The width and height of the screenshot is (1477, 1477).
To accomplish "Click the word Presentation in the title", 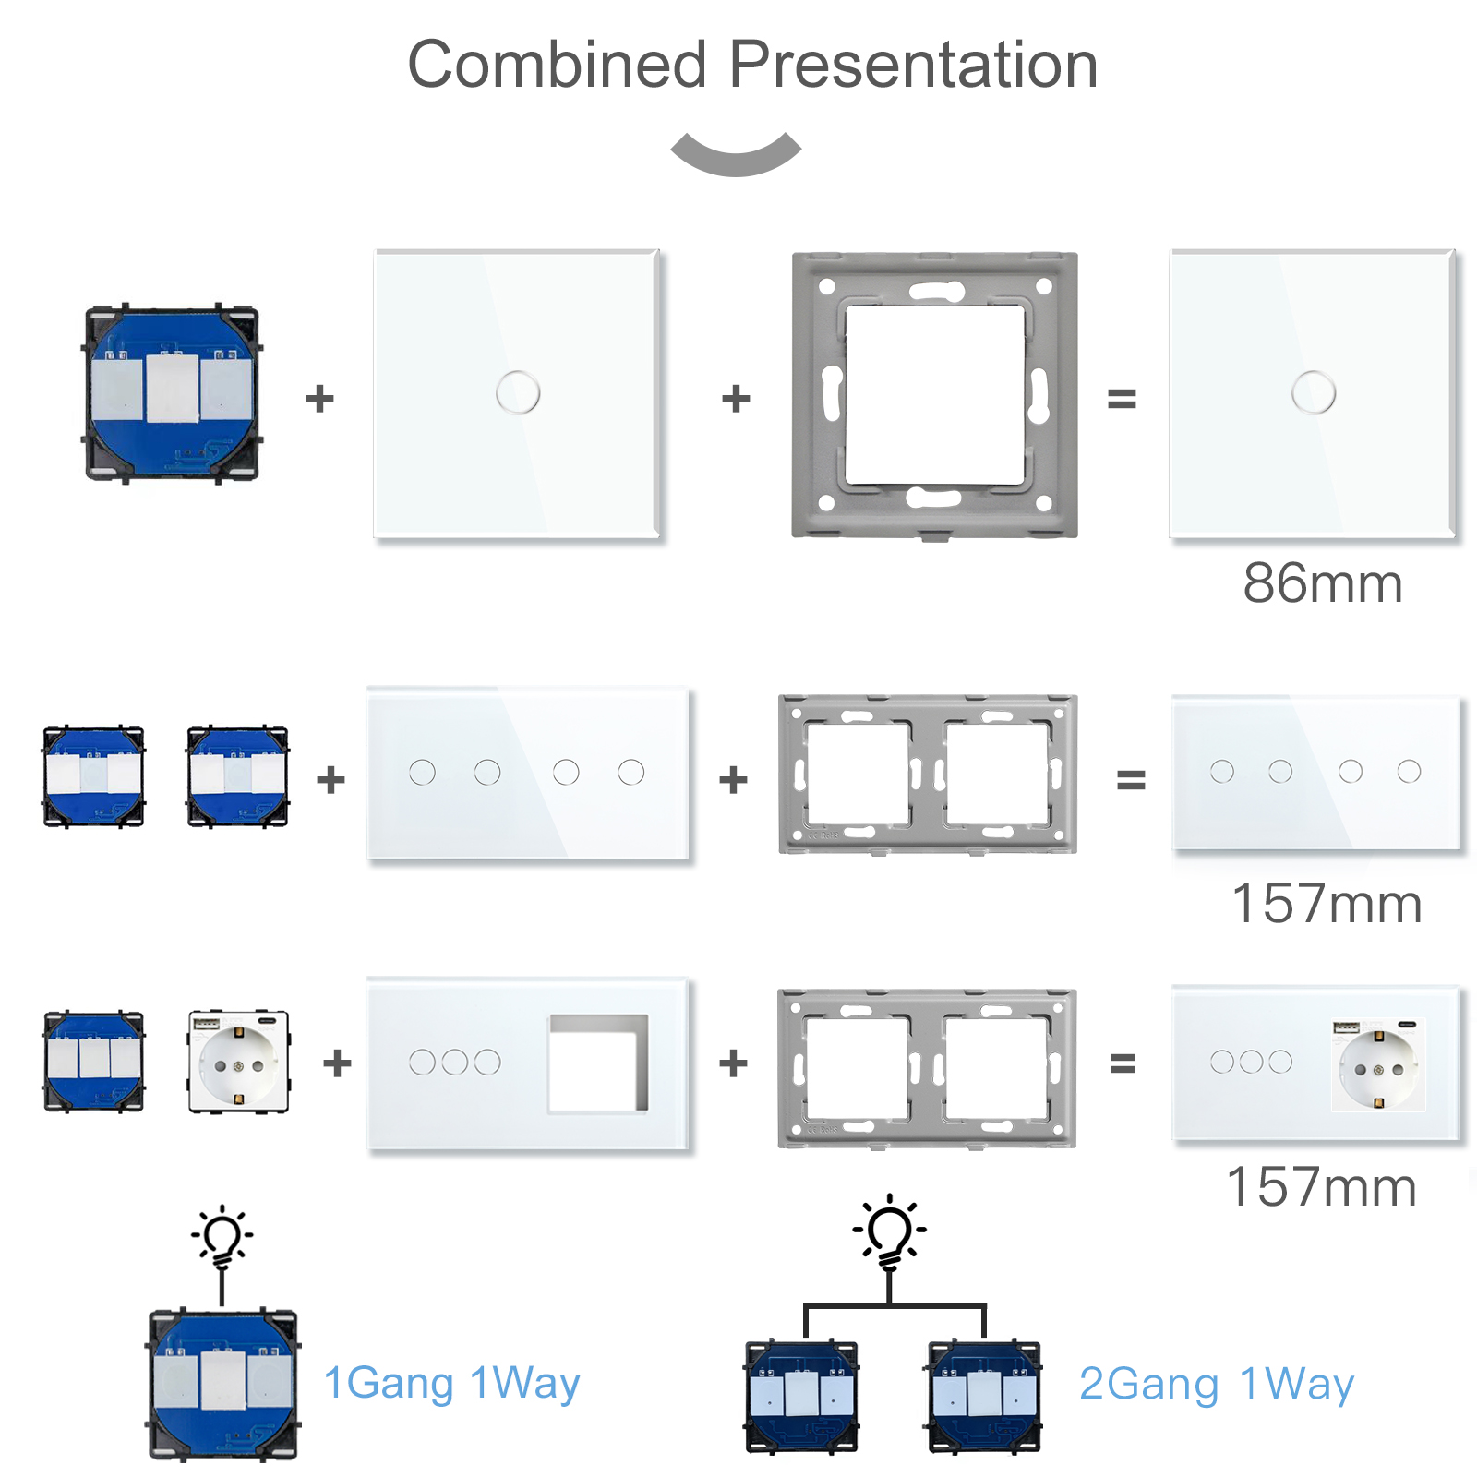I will coord(913,66).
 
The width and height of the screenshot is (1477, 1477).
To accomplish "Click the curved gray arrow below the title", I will coord(736,155).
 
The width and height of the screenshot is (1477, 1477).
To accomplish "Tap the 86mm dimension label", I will coord(1322,583).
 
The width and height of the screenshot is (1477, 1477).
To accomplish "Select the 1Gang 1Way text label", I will coord(451,1383).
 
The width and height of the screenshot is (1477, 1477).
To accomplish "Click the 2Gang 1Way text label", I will coord(1216,1384).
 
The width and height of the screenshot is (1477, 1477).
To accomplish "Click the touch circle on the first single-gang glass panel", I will coord(517,392).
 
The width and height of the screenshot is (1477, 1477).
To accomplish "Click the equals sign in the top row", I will coord(1122,399).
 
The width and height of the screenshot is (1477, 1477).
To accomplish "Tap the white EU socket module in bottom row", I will coord(238,1062).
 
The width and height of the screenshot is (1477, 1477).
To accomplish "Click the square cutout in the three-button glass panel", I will coord(598,1063).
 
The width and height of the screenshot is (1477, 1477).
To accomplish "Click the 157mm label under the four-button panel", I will coord(1326,904).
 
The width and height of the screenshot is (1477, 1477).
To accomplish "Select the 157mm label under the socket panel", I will coord(1321,1187).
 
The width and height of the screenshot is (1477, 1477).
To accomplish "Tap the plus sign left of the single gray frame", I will coord(736,399).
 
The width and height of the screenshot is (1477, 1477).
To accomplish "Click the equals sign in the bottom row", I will coord(1123,1063).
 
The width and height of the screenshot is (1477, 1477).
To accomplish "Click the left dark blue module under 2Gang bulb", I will coord(801,1397).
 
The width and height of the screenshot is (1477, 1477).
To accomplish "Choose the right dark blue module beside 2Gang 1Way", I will coord(984,1397).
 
